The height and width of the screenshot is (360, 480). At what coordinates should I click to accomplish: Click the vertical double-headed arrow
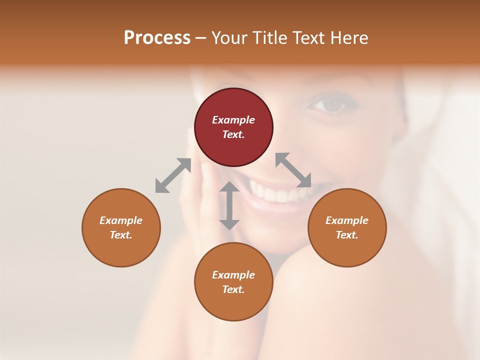tap(229, 205)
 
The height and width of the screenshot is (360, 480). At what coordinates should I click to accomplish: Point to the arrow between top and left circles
tap(173, 175)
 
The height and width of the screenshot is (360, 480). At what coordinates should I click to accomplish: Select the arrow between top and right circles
tap(293, 170)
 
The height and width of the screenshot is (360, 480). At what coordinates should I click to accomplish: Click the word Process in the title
tap(157, 38)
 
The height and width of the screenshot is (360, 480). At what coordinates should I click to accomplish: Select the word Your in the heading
tap(229, 38)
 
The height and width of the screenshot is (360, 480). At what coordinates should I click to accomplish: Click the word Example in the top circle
tap(233, 120)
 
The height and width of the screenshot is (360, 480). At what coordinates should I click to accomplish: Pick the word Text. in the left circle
tap(121, 235)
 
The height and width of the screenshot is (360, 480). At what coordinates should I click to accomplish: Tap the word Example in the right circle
tap(347, 220)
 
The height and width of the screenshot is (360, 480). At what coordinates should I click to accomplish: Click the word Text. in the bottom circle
tap(233, 289)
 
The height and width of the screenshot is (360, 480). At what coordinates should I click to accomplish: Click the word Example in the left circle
tap(121, 220)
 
